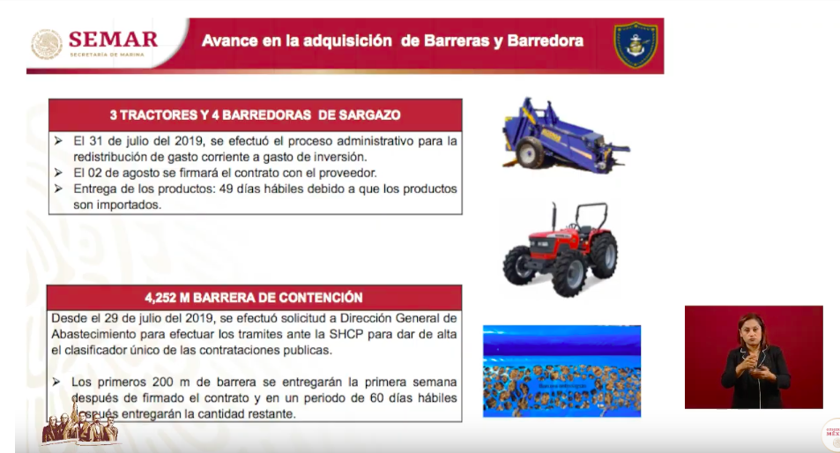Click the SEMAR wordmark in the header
113,39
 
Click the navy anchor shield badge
635,45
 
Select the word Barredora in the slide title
545,41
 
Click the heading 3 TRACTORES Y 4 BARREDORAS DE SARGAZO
255,115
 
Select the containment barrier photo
561,370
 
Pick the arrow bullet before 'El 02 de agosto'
58,173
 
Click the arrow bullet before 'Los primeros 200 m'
58,382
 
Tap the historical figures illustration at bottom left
78,427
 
